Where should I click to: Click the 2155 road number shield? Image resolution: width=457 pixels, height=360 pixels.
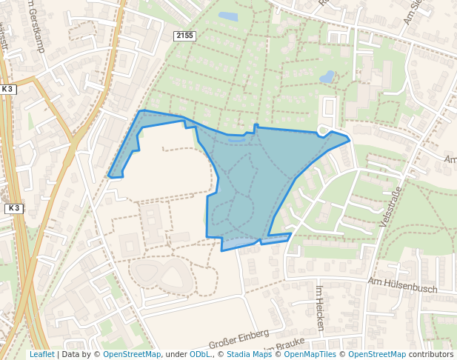click(x=184, y=36)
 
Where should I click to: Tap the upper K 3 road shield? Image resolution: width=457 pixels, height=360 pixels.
click(x=8, y=89)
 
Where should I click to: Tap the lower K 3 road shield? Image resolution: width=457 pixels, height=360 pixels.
click(x=13, y=209)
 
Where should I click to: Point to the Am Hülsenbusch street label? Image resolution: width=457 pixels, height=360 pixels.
click(x=402, y=284)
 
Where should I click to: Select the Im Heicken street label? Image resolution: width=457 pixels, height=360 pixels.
click(x=320, y=307)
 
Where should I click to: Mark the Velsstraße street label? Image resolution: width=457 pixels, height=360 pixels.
click(x=390, y=212)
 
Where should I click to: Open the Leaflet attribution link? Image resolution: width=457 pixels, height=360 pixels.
click(x=41, y=354)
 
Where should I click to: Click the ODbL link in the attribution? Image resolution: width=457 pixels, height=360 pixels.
click(x=199, y=354)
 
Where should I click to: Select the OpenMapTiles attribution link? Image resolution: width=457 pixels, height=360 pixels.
click(x=309, y=354)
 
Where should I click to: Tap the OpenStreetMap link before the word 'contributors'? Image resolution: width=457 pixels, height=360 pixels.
click(x=377, y=354)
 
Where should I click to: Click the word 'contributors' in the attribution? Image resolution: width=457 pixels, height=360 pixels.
click(x=431, y=354)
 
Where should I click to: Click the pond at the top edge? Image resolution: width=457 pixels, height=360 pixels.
click(x=228, y=16)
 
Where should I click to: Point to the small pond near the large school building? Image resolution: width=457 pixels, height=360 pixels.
click(x=327, y=76)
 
